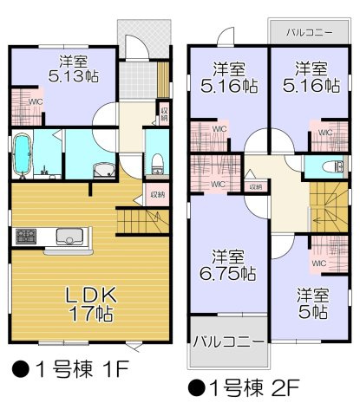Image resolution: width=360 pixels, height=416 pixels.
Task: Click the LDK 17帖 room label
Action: point(91,304)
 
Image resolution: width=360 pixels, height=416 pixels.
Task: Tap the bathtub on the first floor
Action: point(23,155)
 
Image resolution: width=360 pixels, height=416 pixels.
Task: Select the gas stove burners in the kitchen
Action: point(26,236)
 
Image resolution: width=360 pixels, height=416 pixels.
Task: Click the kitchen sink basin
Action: point(69,237)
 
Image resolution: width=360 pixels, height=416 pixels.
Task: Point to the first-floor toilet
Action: point(158,164)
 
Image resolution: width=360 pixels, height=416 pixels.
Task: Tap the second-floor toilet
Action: point(332,167)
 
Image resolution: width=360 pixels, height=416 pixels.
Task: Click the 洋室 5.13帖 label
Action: point(74,68)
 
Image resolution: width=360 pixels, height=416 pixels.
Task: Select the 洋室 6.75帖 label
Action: point(228,265)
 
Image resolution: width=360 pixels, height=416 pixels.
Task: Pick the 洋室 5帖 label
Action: point(313,303)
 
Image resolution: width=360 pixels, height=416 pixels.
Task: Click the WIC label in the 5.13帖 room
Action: point(36,102)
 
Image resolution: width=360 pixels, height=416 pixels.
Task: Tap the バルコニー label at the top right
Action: point(310,32)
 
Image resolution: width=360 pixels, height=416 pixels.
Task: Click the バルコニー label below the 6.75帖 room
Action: point(228,341)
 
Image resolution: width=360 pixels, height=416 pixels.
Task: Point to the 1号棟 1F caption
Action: point(70,369)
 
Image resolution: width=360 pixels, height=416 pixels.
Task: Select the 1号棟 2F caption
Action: point(243,388)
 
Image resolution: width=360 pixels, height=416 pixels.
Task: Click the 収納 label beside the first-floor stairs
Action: point(158,195)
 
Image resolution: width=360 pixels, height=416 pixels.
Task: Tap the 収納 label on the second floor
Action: point(256,187)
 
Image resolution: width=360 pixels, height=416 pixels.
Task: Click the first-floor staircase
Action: point(143,222)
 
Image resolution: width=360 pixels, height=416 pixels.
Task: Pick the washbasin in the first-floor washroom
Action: point(104,170)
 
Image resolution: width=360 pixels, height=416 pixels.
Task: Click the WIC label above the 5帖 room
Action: point(319,263)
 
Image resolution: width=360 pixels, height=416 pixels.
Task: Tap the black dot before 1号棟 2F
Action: point(196,388)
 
